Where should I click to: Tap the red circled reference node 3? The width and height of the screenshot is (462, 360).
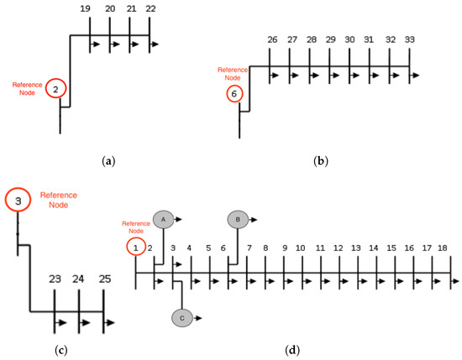tap(18, 201)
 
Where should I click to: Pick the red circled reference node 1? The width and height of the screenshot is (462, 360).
tap(135, 248)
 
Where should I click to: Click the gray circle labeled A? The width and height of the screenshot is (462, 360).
tap(163, 218)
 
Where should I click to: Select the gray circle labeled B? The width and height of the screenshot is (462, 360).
tap(238, 219)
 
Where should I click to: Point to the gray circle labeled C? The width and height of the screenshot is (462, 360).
tap(182, 317)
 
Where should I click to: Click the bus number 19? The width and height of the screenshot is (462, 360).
tap(86, 8)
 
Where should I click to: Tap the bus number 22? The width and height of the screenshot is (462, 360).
tap(150, 8)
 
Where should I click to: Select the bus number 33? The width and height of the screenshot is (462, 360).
tap(409, 39)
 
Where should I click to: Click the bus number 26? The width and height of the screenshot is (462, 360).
tap(272, 39)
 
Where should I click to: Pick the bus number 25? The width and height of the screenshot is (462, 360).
tap(103, 279)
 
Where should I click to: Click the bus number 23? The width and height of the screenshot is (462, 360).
tap(55, 279)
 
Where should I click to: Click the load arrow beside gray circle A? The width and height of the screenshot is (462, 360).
tap(181, 218)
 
